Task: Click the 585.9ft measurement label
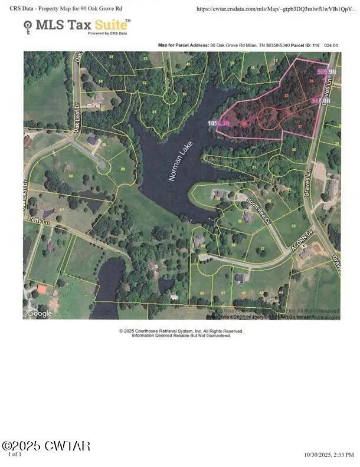click(x=322, y=71)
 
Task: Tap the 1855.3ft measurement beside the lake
click(x=218, y=123)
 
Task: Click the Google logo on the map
click(x=39, y=313)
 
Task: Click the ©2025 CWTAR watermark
click(x=45, y=446)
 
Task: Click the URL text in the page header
click(x=276, y=9)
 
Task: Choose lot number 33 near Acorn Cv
click(x=293, y=226)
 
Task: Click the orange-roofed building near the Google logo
click(x=41, y=289)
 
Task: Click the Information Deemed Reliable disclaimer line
click(x=181, y=336)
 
